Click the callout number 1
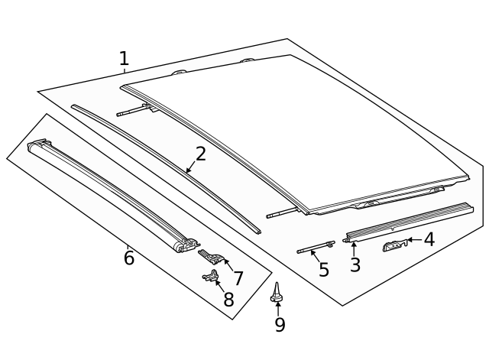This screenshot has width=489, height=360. [x=124, y=58]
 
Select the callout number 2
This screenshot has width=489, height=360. [x=200, y=154]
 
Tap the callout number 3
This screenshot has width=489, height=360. [x=355, y=265]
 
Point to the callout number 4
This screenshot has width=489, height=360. [x=429, y=239]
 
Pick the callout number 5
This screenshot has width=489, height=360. [x=323, y=270]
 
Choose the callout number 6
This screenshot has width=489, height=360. [x=129, y=258]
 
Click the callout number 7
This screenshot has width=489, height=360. [x=238, y=278]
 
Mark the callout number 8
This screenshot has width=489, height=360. [x=228, y=300]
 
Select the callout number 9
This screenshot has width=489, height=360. [x=280, y=325]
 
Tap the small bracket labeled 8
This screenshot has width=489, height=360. [x=210, y=277]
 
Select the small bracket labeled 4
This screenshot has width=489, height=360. [x=393, y=245]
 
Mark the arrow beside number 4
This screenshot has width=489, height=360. [x=413, y=240]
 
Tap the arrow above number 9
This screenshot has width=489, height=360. [x=279, y=307]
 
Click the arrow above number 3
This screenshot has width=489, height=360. [x=354, y=248]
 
